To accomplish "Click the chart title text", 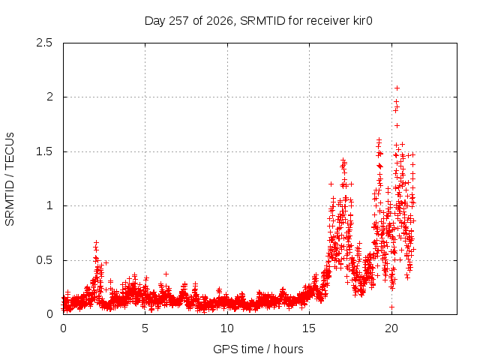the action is (x=258, y=21).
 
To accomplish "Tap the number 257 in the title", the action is (x=178, y=21).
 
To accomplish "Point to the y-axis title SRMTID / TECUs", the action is (x=10, y=179).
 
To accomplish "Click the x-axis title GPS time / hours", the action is (x=258, y=349).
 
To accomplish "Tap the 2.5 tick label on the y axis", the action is (x=44, y=43).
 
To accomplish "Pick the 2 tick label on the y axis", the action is (x=49, y=97).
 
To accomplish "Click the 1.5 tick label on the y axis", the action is (x=44, y=151).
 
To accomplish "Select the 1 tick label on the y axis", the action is (x=49, y=205).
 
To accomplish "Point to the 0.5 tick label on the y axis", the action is (x=44, y=260).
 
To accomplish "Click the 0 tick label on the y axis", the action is (x=49, y=314).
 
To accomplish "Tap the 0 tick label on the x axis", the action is (x=63, y=328).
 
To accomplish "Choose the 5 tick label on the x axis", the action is (x=145, y=328).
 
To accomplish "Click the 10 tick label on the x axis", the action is (x=227, y=328).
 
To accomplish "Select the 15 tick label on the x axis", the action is (x=309, y=328).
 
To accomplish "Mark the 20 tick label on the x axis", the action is (x=391, y=328).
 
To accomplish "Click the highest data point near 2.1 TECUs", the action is (x=397, y=88).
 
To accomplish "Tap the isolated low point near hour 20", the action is (x=391, y=307).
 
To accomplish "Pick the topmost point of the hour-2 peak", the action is (x=97, y=243).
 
